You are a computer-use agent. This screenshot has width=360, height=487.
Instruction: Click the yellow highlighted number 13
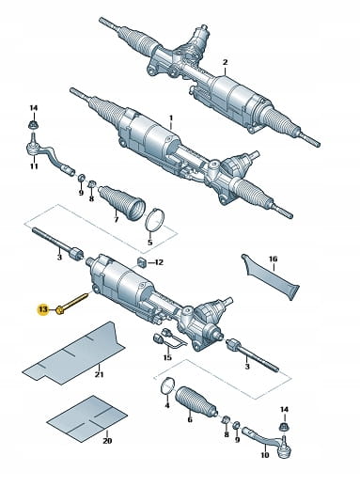coord(43,310)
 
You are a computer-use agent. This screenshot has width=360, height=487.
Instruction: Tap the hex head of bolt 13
coord(59,310)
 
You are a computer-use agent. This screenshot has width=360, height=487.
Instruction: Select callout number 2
coord(225,62)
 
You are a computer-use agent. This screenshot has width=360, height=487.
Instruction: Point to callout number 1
coord(171,118)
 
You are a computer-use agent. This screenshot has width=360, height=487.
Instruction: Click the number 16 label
coord(273,259)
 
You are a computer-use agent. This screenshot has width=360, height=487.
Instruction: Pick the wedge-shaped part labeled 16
coord(271,277)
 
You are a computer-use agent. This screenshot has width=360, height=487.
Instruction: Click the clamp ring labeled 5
coord(155,221)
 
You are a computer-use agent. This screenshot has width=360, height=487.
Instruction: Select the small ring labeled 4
coord(167,385)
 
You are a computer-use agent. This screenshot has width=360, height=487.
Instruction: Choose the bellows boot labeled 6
coord(196,402)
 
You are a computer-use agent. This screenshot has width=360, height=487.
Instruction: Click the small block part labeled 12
coord(141,262)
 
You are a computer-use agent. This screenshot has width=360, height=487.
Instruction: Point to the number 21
coord(99,374)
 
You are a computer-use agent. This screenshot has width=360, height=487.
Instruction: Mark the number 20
coord(107,441)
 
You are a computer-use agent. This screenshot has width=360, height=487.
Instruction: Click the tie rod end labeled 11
coord(50,156)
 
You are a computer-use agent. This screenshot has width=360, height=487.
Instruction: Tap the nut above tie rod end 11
coord(33,125)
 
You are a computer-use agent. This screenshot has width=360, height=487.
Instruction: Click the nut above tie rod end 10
coord(284,427)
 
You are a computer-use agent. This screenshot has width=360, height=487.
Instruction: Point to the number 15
coord(167,357)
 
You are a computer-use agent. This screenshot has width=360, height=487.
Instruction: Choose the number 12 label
coord(159,262)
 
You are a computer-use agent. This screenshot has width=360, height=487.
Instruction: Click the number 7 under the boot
coord(116,219)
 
